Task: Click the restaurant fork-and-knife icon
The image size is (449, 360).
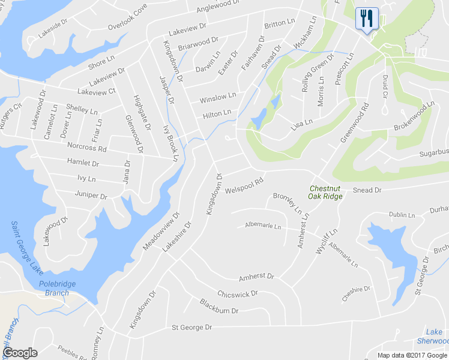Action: pos(366,18)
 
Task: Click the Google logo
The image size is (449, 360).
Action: pos(20,353)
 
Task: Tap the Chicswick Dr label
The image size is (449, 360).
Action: pos(238,294)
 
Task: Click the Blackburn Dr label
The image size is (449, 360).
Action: pos(219,307)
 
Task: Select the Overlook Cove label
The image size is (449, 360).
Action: pos(127,17)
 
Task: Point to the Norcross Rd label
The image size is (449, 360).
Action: pos(87,147)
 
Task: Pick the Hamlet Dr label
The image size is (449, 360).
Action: pos(83,163)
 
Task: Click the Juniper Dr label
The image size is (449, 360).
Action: pos(91,196)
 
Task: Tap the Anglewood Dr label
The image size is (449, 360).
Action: pos(218,5)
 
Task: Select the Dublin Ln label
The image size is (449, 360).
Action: pos(402,214)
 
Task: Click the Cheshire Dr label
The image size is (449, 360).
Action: pos(357,292)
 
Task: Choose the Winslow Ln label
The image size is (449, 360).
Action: pos(218,97)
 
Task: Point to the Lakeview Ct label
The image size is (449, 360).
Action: pos(96,92)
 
